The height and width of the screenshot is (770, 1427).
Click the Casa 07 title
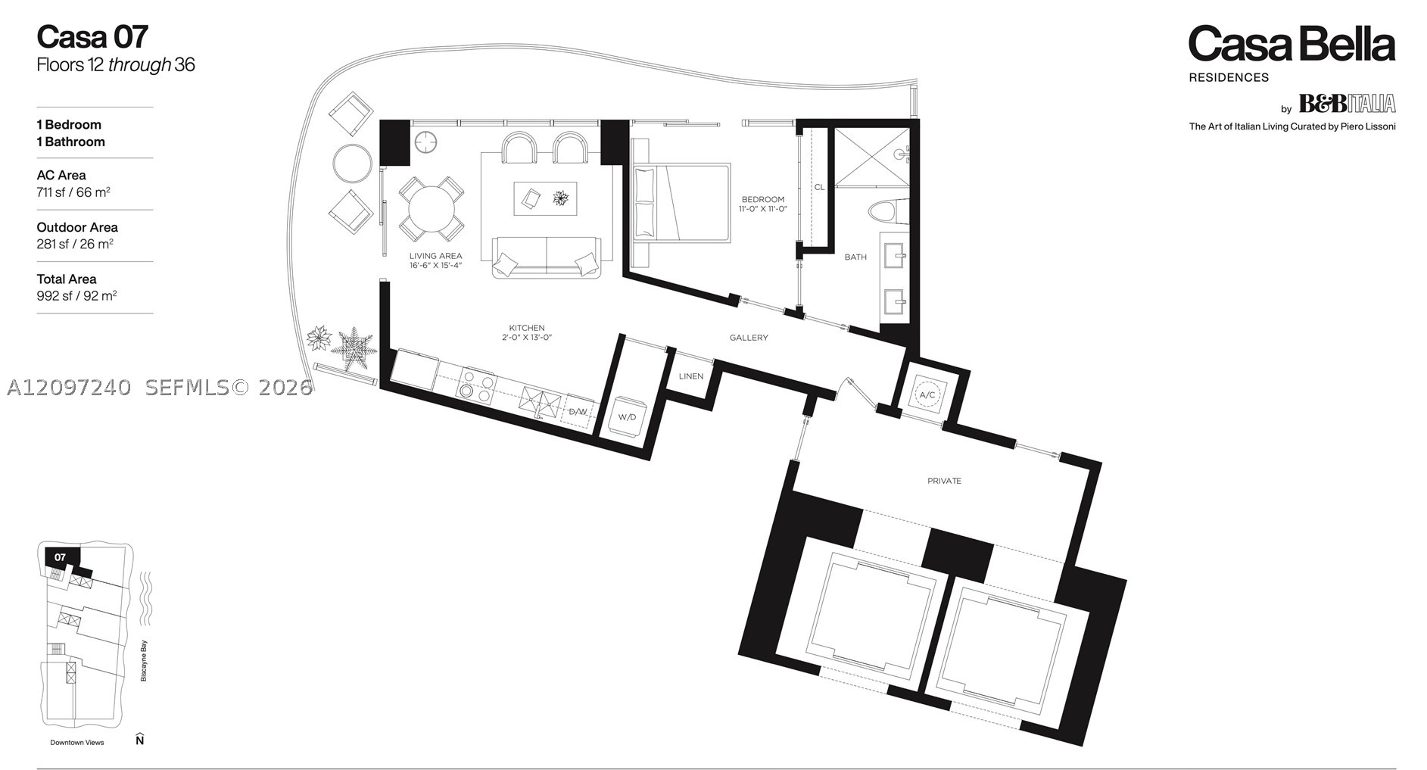92,37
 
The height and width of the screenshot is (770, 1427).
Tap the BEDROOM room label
762,200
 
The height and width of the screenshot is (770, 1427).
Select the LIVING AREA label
435,256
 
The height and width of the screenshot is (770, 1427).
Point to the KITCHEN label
527,329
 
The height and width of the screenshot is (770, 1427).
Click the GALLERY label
749,338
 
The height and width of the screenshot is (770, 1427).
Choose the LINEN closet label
690,376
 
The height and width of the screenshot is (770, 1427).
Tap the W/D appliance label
627,417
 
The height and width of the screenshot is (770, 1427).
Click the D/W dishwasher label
578,412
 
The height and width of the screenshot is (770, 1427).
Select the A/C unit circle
927,395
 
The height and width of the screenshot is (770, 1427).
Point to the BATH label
855,257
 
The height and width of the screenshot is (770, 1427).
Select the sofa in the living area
546,257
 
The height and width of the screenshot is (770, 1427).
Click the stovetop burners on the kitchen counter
477,385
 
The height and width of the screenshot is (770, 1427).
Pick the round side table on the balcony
352,164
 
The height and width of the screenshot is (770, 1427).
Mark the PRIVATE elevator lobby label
944,481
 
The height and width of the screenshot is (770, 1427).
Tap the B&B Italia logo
1347,103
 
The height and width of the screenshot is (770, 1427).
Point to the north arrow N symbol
139,739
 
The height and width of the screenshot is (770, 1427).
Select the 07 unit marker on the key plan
60,557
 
